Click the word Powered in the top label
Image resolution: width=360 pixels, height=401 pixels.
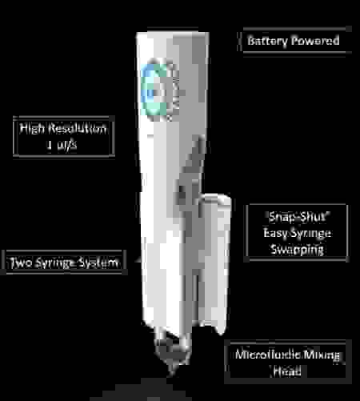point(315,41)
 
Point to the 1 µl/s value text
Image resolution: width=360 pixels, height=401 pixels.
point(62,145)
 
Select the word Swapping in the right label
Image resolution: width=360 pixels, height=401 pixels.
point(298,250)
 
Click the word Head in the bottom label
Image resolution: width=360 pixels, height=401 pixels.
point(287,371)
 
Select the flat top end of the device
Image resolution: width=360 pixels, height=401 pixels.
point(173,33)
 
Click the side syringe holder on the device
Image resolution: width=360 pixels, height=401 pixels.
point(214,263)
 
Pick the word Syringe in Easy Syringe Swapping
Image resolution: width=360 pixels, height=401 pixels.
point(310,233)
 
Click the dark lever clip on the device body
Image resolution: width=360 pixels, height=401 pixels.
point(192,174)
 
